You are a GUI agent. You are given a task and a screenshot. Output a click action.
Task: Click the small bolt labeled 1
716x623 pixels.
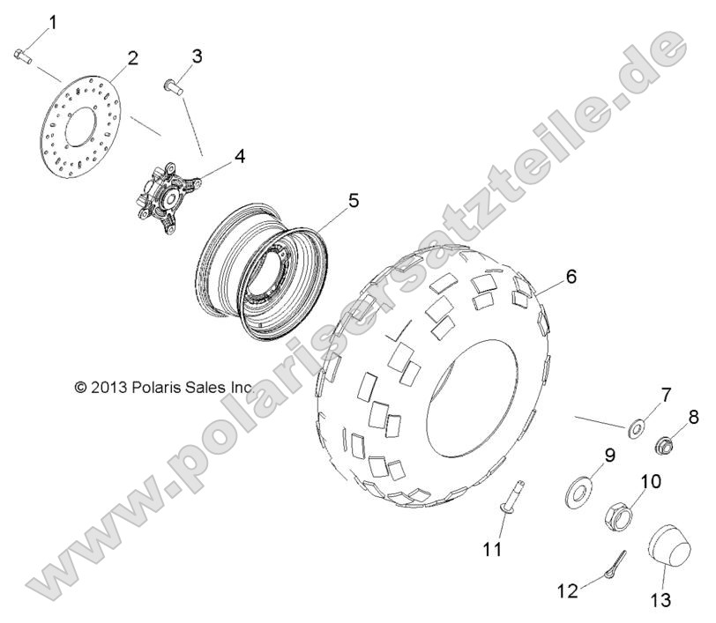pyautogui.click(x=22, y=56)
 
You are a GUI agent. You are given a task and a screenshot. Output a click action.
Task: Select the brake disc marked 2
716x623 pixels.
pyautogui.click(x=80, y=126)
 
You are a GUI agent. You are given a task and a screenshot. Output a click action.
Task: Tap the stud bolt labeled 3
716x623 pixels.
pyautogui.click(x=174, y=86)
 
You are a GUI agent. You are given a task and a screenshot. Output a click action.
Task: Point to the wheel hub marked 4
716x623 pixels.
pyautogui.click(x=169, y=197)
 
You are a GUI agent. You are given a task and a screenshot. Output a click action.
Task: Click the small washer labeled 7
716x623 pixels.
pyautogui.click(x=635, y=429)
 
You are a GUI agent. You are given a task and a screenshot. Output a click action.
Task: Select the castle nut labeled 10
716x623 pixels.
pyautogui.click(x=619, y=516)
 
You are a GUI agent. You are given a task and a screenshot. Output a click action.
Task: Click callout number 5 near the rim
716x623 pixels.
pyautogui.click(x=354, y=200)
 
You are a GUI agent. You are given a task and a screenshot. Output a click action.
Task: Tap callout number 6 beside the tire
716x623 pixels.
pyautogui.click(x=571, y=276)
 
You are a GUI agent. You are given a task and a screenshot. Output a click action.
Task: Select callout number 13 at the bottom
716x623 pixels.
pyautogui.click(x=660, y=600)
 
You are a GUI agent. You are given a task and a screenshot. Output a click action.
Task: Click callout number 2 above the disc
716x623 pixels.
pyautogui.click(x=132, y=58)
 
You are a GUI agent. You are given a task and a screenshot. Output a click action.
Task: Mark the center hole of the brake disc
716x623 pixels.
pyautogui.click(x=81, y=126)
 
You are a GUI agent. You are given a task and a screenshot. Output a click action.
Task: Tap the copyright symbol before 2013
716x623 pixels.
pyautogui.click(x=80, y=388)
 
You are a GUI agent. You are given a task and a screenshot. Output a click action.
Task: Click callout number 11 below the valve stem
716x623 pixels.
pyautogui.click(x=492, y=550)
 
